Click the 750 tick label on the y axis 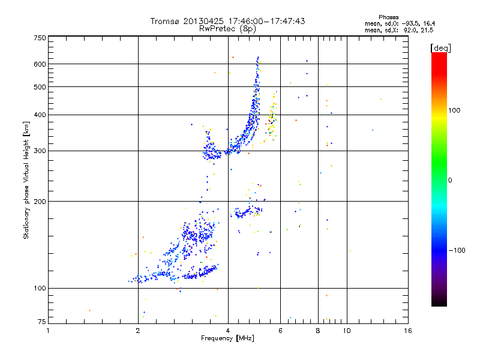pyautogui.click(x=40, y=38)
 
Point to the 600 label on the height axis pyautogui.click(x=40, y=64)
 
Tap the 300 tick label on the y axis pyautogui.click(x=40, y=151)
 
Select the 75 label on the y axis pyautogui.click(x=41, y=322)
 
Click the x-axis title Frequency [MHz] pyautogui.click(x=227, y=338)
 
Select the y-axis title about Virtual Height pyautogui.click(x=26, y=181)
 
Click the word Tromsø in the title pyautogui.click(x=166, y=21)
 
